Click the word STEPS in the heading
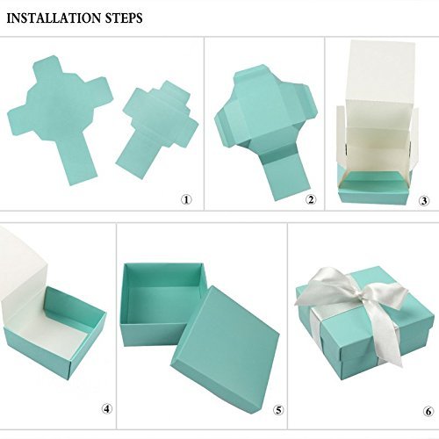point(120,18)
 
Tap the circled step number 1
point(186,199)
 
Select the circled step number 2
point(311,199)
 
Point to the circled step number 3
point(424,201)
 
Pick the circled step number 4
point(107,408)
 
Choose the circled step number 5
point(278,410)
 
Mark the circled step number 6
point(428,412)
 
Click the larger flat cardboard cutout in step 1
point(59,114)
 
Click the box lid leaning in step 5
point(226,349)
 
